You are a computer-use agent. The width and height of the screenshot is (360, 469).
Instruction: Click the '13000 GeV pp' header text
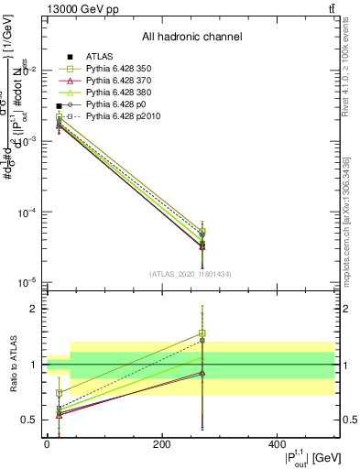point(79,8)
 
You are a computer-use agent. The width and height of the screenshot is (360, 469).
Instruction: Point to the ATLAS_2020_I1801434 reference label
point(191,274)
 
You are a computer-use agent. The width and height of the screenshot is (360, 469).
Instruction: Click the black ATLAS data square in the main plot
point(59,106)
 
